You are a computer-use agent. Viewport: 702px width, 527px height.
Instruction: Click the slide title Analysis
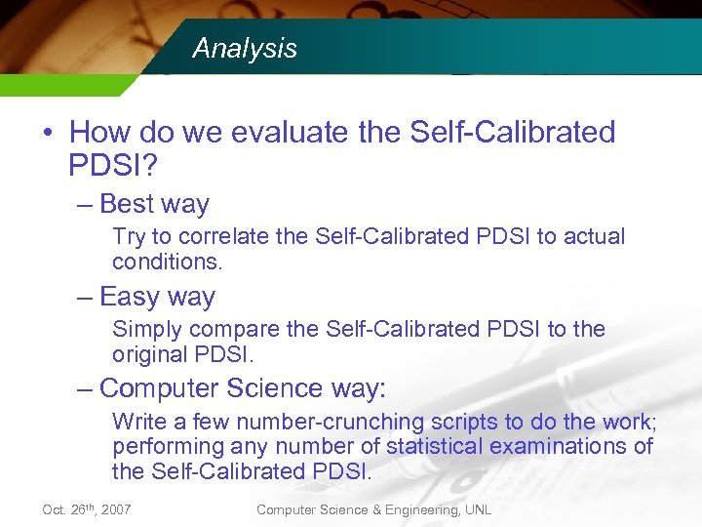(x=245, y=49)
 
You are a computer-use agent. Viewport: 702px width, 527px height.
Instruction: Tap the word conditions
(x=167, y=262)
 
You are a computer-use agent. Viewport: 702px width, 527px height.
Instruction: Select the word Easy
(x=129, y=297)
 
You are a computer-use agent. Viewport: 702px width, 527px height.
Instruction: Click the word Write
(x=137, y=422)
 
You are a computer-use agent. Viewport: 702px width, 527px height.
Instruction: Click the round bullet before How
(x=49, y=133)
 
